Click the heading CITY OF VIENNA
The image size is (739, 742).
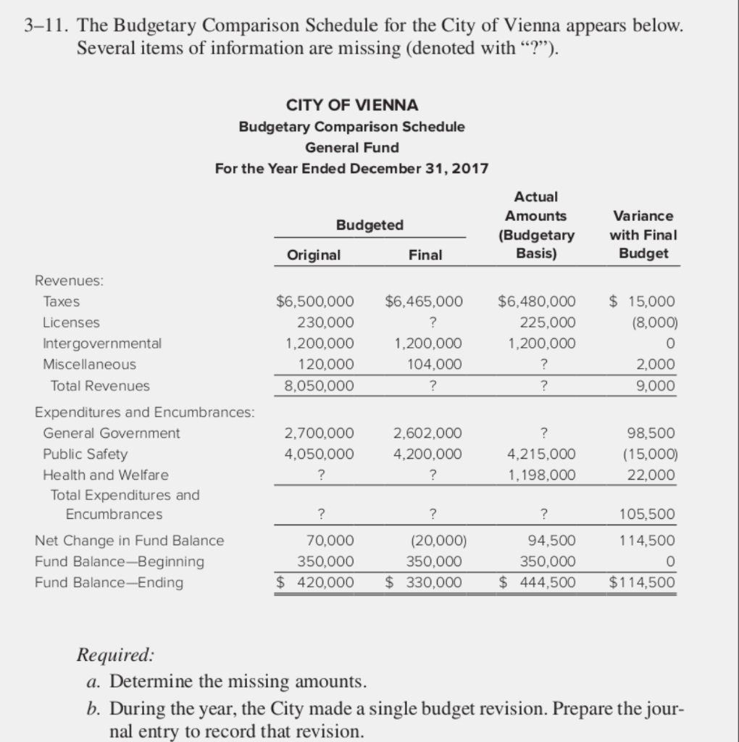point(352,105)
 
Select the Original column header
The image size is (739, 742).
point(314,255)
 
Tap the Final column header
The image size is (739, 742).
point(425,255)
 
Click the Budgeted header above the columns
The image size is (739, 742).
point(369,225)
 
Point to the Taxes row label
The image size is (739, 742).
point(62,301)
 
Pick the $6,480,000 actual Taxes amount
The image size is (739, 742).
point(537,301)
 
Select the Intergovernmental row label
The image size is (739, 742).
point(102,343)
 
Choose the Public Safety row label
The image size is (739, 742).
point(85,454)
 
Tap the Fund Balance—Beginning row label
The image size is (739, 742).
point(120,562)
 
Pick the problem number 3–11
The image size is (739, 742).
point(46,27)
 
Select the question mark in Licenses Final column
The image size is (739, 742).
point(432,322)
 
